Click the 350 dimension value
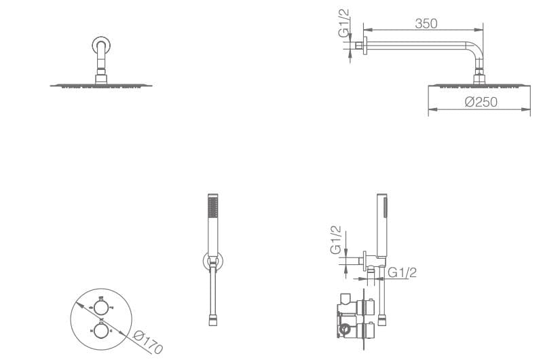click(426, 24)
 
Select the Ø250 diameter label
click(481, 102)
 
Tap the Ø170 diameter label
click(148, 342)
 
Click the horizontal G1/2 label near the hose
click(402, 272)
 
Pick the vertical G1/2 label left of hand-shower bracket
click(336, 240)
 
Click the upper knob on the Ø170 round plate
click(100, 307)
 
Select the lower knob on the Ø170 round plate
click(100, 330)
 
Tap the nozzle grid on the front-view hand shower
click(213, 207)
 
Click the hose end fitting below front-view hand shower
click(213, 320)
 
